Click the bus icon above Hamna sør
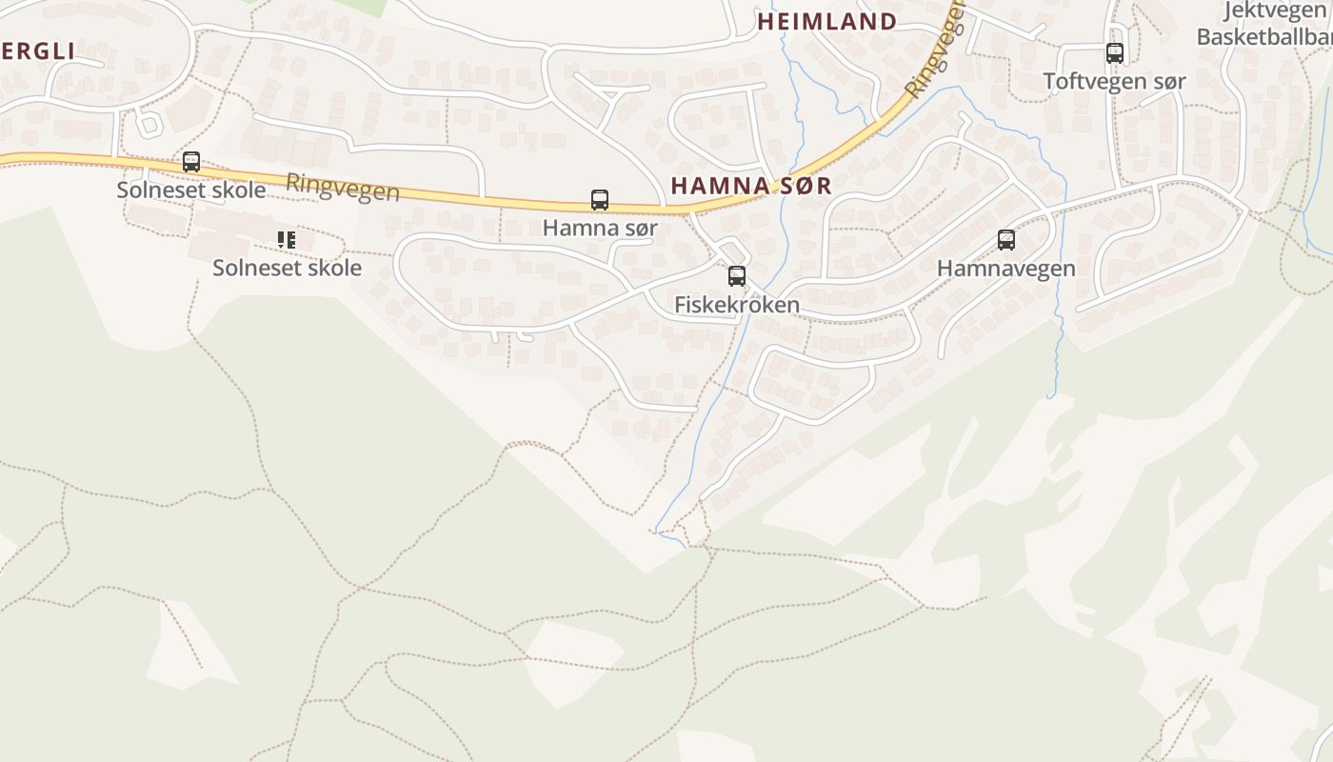tap(600, 200)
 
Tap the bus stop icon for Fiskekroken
tap(736, 276)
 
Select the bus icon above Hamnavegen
tap(1006, 240)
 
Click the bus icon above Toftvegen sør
tap(1115, 53)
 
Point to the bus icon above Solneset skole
tap(191, 162)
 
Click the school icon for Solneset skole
tap(287, 240)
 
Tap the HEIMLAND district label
tap(826, 22)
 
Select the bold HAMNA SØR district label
tap(751, 186)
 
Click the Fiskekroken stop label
tap(736, 305)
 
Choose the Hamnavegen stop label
tap(1006, 269)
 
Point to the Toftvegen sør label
tap(1115, 82)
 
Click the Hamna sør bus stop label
tap(600, 229)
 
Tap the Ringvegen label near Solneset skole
tap(343, 187)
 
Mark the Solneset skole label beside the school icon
tap(287, 268)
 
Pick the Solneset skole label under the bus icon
tap(191, 190)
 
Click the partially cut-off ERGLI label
tap(37, 51)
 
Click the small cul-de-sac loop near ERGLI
tap(149, 123)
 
